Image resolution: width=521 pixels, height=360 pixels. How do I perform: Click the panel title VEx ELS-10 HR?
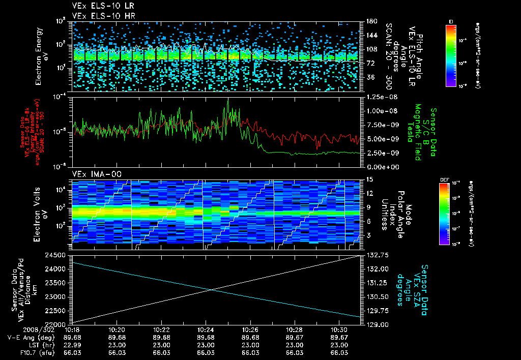point(99,16)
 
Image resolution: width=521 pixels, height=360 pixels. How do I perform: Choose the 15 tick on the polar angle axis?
point(369,179)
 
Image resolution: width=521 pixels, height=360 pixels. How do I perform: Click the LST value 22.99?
point(73,345)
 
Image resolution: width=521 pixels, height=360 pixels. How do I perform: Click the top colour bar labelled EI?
point(451,55)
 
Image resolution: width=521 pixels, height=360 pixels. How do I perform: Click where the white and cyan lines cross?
point(211,290)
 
